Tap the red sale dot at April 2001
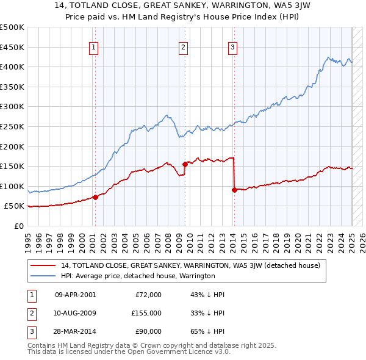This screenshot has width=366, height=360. pyautogui.click(x=96, y=197)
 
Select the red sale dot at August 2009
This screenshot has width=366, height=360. pyautogui.click(x=185, y=164)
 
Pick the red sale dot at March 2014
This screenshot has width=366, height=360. pyautogui.click(x=234, y=190)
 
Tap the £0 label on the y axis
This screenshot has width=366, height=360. pyautogui.click(x=18, y=226)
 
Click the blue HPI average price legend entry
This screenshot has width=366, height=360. pyautogui.click(x=137, y=276)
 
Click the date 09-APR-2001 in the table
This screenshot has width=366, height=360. pyautogui.click(x=75, y=295)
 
